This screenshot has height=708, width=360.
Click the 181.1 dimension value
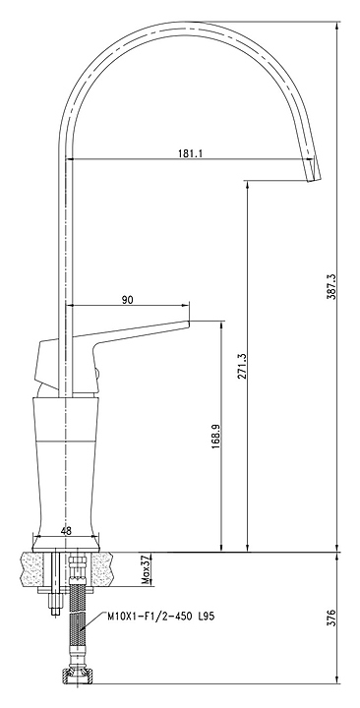tap(190, 153)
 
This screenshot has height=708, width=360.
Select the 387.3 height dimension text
tap(331, 287)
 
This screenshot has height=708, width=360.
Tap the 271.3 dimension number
tap(241, 366)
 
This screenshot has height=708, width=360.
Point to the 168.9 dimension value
tap(215, 437)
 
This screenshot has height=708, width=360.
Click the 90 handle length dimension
tap(128, 300)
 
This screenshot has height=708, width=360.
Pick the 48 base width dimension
tap(66, 531)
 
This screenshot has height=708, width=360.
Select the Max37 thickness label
tap(146, 569)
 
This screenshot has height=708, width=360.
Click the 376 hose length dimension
tap(331, 618)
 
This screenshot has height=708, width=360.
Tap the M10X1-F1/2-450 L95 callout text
tap(160, 617)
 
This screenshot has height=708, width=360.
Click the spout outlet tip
tap(316, 179)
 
